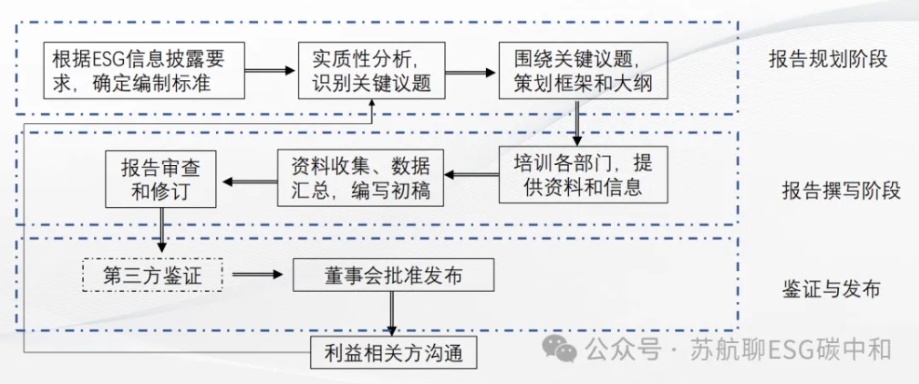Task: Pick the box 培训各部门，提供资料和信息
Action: (x=582, y=173)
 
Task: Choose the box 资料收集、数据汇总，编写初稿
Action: (x=359, y=178)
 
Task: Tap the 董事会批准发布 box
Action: (x=392, y=276)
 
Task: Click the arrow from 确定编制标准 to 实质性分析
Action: (x=271, y=71)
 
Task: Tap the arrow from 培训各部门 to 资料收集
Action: (x=469, y=174)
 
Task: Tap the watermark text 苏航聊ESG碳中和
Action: (x=791, y=350)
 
